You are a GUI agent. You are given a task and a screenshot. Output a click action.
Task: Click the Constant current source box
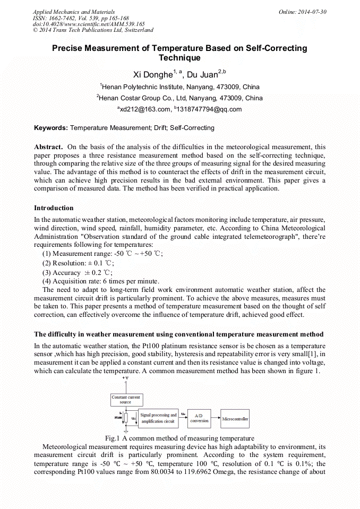click(x=126, y=399)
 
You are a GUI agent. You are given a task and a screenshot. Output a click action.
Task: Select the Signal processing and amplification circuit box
click(x=158, y=418)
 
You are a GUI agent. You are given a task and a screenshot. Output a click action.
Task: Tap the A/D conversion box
click(x=199, y=418)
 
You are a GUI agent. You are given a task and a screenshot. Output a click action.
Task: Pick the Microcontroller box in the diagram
click(x=235, y=419)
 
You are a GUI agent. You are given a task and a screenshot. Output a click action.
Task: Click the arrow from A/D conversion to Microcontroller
click(x=216, y=418)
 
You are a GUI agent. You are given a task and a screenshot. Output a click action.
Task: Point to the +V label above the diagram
click(x=125, y=377)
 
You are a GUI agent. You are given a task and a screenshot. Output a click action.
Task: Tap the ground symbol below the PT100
click(x=126, y=431)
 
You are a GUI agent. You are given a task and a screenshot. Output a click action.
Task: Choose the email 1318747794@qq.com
click(x=209, y=109)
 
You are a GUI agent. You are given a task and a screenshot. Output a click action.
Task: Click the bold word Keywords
click(x=51, y=128)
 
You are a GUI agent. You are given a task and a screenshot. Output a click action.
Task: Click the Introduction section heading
click(x=54, y=208)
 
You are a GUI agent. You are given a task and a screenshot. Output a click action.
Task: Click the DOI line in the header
click(x=89, y=24)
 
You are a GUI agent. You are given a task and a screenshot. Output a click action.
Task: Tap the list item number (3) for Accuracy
click(x=47, y=272)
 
